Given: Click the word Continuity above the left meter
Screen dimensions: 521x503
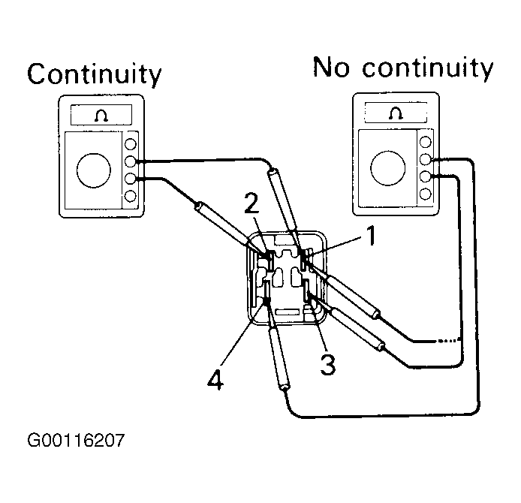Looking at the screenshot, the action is (95, 74).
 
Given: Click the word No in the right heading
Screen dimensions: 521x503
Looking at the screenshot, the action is (331, 67).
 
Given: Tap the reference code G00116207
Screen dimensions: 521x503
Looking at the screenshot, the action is (76, 441).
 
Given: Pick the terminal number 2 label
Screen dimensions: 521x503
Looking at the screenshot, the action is (251, 203).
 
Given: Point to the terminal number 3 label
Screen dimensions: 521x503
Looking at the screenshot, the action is (328, 364).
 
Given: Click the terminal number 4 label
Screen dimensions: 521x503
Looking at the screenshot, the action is (215, 379).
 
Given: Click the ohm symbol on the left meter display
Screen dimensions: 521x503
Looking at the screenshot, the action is (101, 116).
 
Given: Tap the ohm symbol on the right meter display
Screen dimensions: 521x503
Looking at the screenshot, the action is (396, 113).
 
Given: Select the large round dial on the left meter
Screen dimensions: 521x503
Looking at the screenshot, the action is (94, 170).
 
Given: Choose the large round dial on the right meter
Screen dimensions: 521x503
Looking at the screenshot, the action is (388, 167).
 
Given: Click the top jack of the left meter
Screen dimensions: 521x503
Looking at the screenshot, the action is (131, 144).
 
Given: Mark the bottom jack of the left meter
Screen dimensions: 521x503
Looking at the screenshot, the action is (131, 196).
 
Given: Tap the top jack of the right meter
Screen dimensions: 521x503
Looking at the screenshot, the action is (426, 142).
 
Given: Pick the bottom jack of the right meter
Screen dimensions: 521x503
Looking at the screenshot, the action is (426, 194).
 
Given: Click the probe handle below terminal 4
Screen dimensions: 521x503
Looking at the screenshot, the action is (279, 357).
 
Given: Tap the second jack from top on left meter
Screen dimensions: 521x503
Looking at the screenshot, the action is (131, 161).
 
